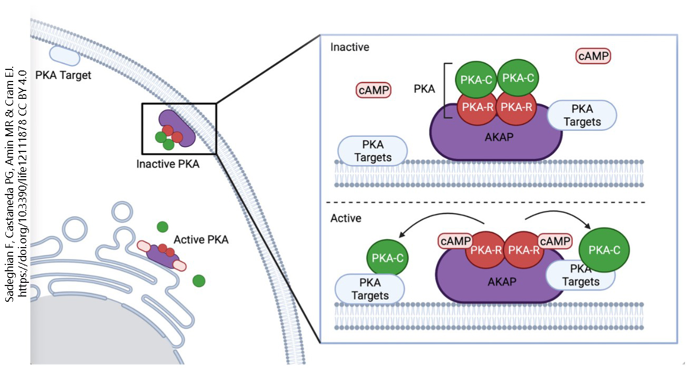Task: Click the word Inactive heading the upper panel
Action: pyautogui.click(x=349, y=47)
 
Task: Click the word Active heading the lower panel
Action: pyautogui.click(x=346, y=218)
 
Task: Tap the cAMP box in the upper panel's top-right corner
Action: pyautogui.click(x=594, y=56)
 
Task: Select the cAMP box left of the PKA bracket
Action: pyautogui.click(x=374, y=90)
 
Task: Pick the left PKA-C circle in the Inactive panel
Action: pyautogui.click(x=476, y=79)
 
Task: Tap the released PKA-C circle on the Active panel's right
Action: pyautogui.click(x=604, y=250)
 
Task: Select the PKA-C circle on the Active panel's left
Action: pyautogui.click(x=388, y=258)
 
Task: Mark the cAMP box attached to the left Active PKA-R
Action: pyautogui.click(x=455, y=241)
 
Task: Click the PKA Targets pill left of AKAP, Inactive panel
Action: pyautogui.click(x=373, y=150)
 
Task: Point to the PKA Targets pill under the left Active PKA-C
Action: pyautogui.click(x=370, y=289)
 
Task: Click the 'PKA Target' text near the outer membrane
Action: pyautogui.click(x=63, y=75)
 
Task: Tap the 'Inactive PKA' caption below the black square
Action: pyautogui.click(x=168, y=164)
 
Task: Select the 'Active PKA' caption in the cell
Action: pyautogui.click(x=201, y=240)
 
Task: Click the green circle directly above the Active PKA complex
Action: pyautogui.click(x=163, y=227)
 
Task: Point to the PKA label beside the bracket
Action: pyautogui.click(x=424, y=89)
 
